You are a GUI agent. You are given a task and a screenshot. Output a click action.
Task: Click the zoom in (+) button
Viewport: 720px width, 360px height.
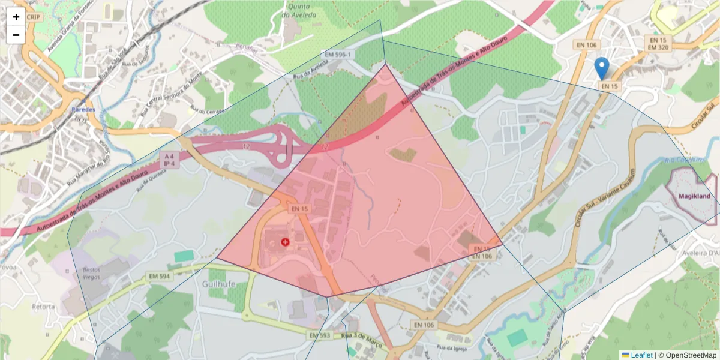click(x=16, y=17)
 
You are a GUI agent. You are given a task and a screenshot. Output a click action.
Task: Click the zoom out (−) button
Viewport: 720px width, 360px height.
click(x=16, y=35)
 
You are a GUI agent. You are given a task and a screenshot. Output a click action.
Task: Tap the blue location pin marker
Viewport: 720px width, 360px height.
click(x=601, y=68)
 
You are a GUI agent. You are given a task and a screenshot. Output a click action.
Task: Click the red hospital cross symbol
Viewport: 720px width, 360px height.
click(x=285, y=242)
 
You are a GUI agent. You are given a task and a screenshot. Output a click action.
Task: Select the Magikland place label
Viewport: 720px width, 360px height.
click(x=694, y=196)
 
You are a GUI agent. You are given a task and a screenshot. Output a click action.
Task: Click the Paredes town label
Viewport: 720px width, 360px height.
click(x=83, y=110)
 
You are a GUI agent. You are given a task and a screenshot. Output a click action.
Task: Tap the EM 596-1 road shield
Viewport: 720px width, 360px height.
click(x=340, y=55)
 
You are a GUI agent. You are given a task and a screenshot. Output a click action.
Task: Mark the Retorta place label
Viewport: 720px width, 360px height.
click(x=43, y=306)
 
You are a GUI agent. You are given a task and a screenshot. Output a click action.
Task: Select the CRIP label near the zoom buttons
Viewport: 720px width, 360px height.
click(x=34, y=17)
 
